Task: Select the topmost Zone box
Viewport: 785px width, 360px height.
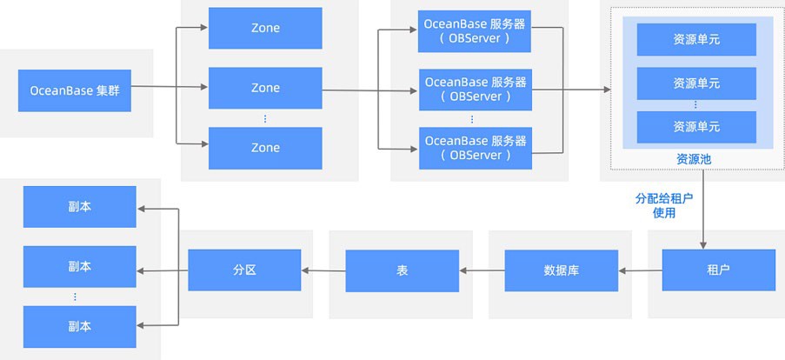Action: pos(265,28)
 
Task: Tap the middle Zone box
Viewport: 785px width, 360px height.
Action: pos(265,88)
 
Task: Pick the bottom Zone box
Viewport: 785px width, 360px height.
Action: pos(265,148)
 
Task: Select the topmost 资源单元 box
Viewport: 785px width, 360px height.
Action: pos(695,39)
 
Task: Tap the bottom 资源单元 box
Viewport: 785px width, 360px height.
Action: pos(695,127)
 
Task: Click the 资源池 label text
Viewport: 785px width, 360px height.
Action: pos(693,159)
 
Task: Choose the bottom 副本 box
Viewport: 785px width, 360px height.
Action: pos(79,326)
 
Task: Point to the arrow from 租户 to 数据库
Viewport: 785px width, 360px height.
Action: pos(640,270)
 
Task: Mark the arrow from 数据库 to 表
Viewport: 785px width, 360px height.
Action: pos(482,270)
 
